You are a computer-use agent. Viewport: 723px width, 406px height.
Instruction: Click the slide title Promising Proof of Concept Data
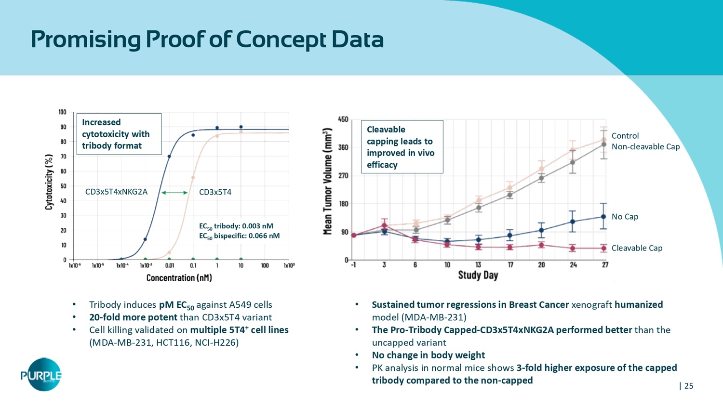pyautogui.click(x=207, y=39)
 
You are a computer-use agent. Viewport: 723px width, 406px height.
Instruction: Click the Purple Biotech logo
pyautogui.click(x=41, y=375)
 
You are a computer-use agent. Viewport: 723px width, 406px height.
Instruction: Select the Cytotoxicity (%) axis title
pyautogui.click(x=49, y=182)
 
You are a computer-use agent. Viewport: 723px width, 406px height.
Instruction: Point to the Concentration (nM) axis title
pyautogui.click(x=179, y=278)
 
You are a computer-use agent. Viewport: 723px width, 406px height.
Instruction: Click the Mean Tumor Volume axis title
pyautogui.click(x=328, y=182)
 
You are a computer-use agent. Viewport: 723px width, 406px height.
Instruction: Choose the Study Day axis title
pyautogui.click(x=478, y=275)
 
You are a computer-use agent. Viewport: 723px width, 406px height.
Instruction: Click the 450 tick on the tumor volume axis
pyautogui.click(x=343, y=119)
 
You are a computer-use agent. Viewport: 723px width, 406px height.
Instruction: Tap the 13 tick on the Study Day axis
pyautogui.click(x=478, y=265)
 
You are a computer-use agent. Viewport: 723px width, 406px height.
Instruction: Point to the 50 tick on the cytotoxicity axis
pyautogui.click(x=63, y=186)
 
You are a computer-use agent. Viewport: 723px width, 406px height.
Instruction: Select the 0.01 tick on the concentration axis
pyautogui.click(x=170, y=266)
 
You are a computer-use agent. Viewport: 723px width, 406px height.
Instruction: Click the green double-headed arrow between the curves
pyautogui.click(x=174, y=193)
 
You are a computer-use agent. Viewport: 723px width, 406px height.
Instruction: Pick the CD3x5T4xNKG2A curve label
pyautogui.click(x=116, y=192)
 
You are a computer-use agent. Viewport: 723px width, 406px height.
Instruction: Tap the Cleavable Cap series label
pyautogui.click(x=637, y=248)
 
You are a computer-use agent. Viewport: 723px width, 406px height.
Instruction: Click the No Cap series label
pyautogui.click(x=625, y=217)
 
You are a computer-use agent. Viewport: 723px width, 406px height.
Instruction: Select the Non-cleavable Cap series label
pyautogui.click(x=645, y=147)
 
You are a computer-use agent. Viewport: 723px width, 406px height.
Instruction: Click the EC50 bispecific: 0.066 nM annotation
pyautogui.click(x=239, y=236)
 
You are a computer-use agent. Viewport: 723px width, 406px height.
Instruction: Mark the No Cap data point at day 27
pyautogui.click(x=603, y=217)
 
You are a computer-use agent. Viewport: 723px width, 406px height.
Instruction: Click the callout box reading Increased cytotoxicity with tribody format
pyautogui.click(x=119, y=134)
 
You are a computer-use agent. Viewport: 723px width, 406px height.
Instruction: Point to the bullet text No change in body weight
pyautogui.click(x=428, y=355)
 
